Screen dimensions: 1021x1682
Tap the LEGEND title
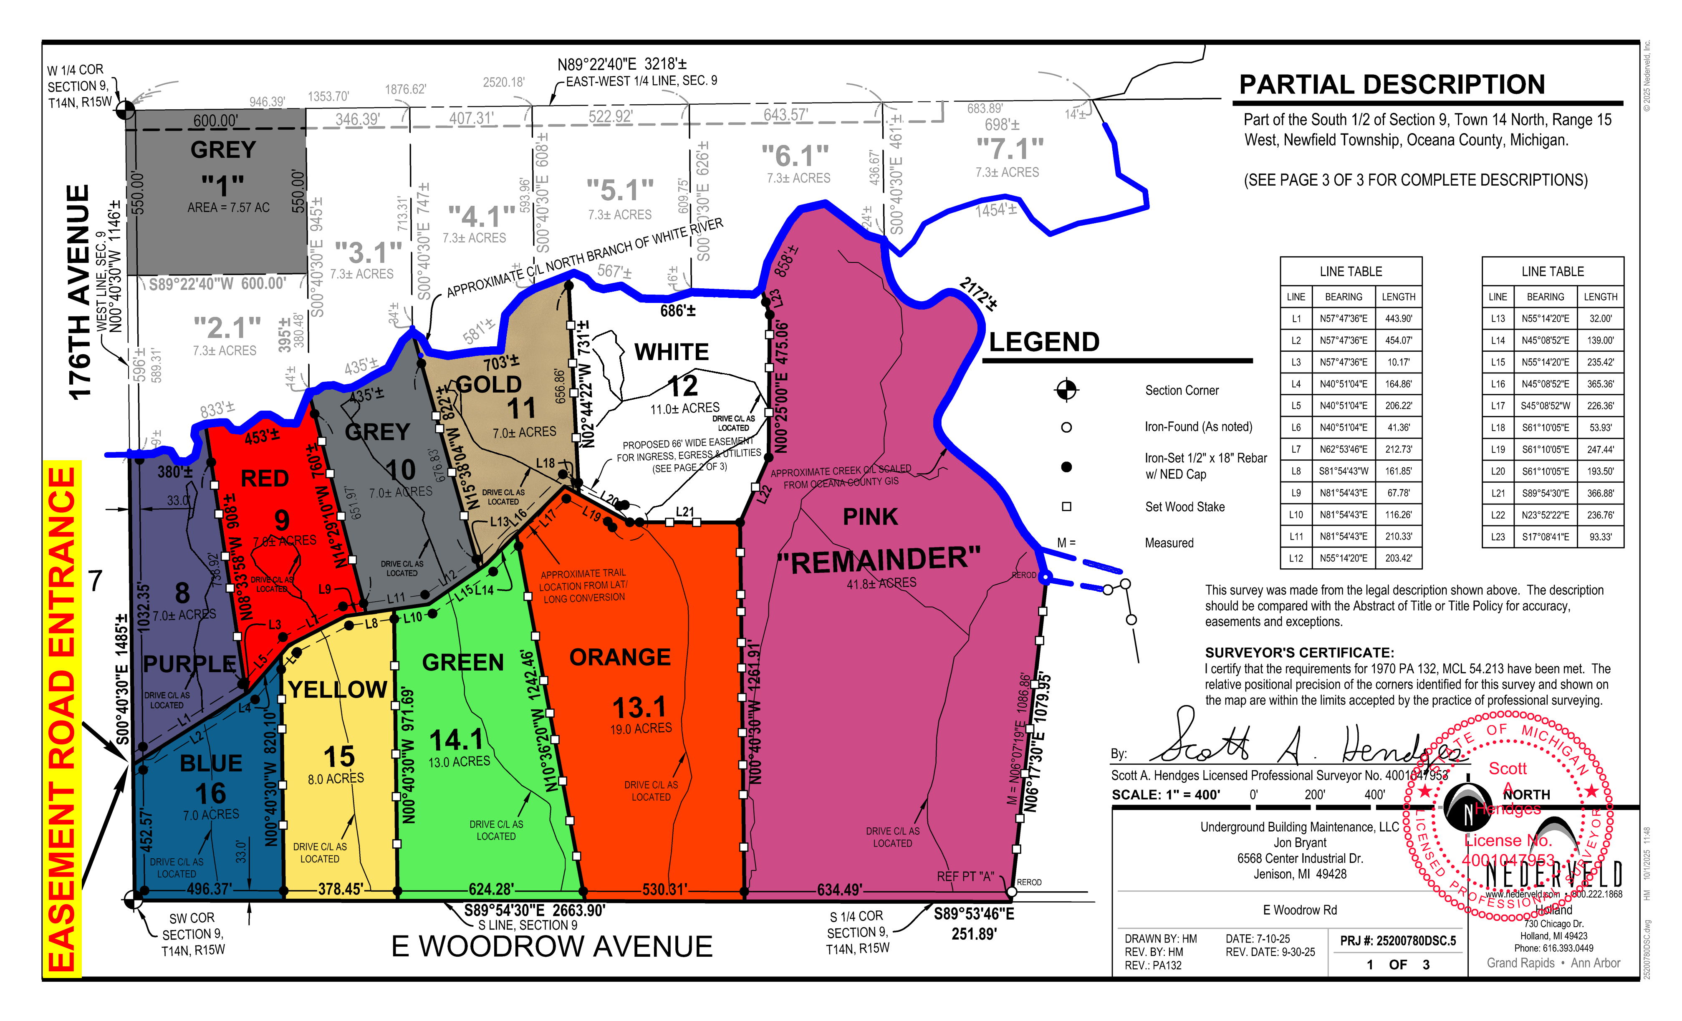tap(1044, 342)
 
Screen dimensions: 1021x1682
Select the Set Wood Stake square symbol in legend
tap(1066, 507)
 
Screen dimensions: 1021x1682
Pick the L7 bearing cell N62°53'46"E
tap(1343, 449)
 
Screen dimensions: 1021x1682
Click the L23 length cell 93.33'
tap(1600, 537)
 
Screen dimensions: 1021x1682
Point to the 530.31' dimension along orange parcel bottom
tap(664, 889)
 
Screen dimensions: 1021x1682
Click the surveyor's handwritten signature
tap(1297, 744)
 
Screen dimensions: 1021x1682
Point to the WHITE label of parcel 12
tap(672, 352)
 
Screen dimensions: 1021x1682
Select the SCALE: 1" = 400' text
tap(1165, 794)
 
